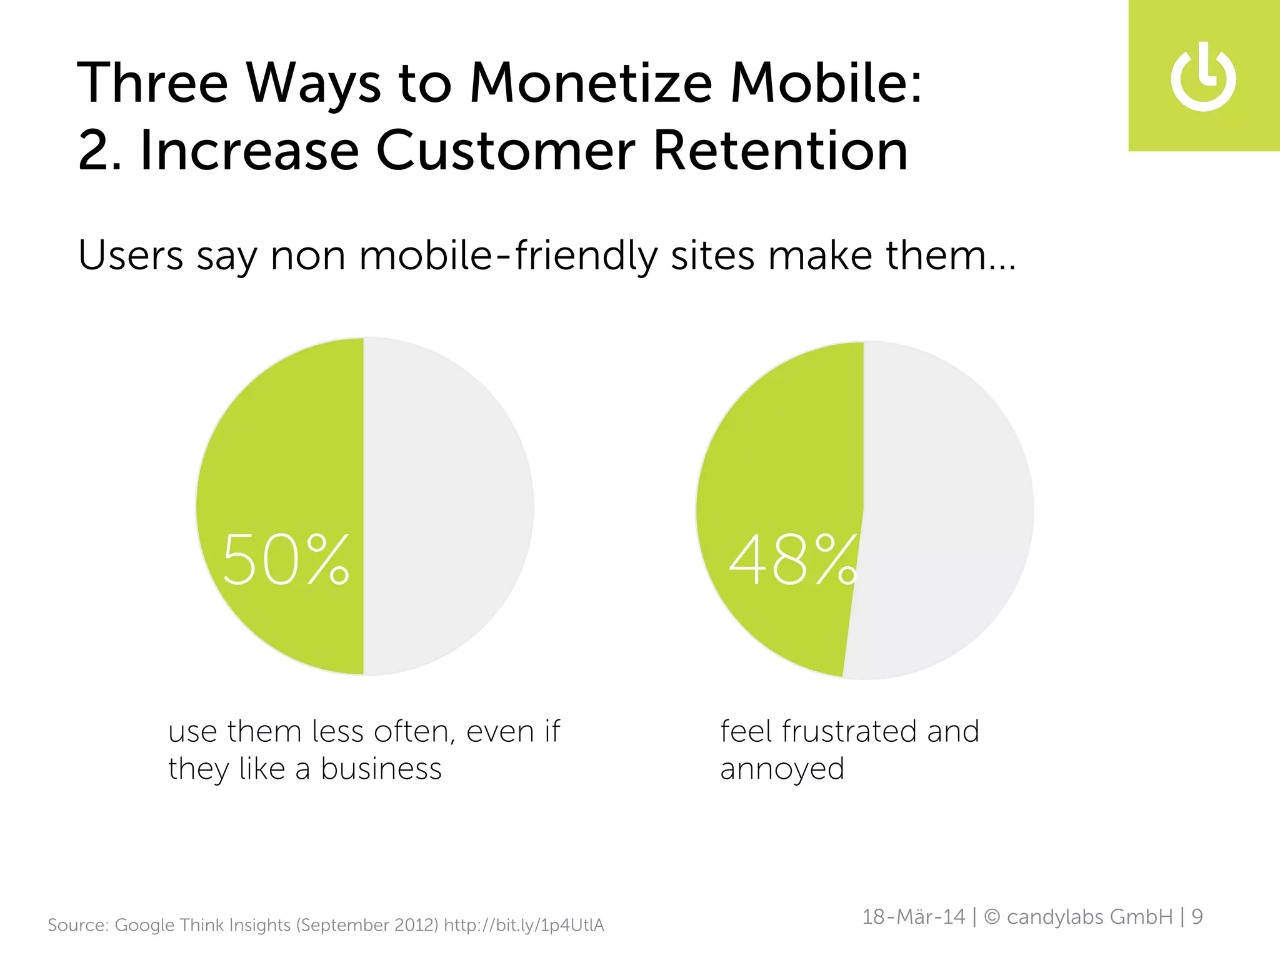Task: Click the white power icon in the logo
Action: click(x=1203, y=78)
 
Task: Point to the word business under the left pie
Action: click(x=381, y=769)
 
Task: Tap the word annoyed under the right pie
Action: click(x=782, y=769)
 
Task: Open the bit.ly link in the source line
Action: click(x=524, y=925)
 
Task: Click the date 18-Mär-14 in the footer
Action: click(x=913, y=917)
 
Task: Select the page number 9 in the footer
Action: click(x=1197, y=917)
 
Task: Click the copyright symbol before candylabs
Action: click(x=992, y=917)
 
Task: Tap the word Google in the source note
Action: click(x=144, y=925)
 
